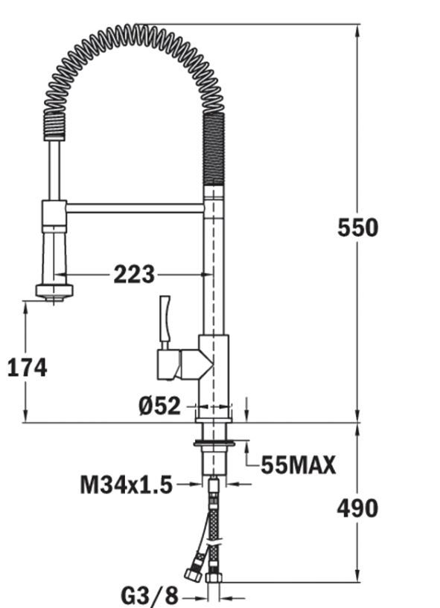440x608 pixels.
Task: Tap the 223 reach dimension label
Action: [x=134, y=275]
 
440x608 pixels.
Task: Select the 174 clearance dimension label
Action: [x=27, y=367]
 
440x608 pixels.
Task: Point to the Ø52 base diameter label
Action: [x=159, y=406]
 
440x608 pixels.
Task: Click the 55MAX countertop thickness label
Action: [x=298, y=465]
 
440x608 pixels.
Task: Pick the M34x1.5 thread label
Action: [x=126, y=486]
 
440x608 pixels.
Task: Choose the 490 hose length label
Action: [x=357, y=508]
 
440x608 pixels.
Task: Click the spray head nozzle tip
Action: [x=54, y=292]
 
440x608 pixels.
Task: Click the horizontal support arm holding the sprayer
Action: [x=134, y=208]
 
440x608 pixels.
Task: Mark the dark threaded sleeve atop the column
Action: [x=214, y=149]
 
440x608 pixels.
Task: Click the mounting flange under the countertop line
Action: [x=214, y=444]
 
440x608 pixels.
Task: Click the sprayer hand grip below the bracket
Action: [x=54, y=254]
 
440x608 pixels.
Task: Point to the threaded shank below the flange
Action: [x=214, y=461]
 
